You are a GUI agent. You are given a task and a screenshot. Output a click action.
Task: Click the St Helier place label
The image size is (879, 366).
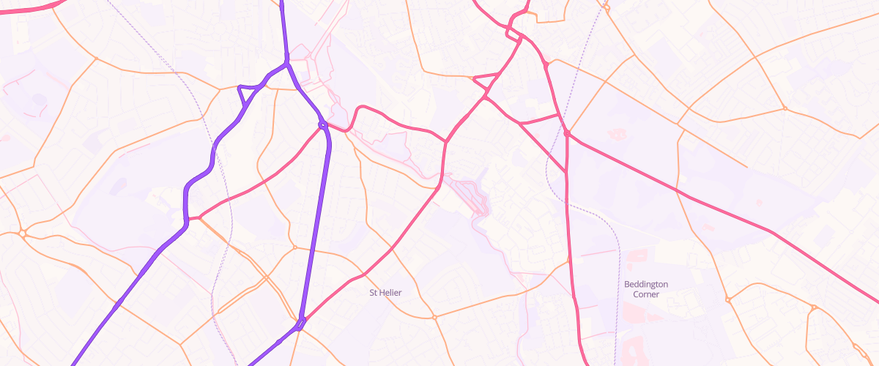[x=385, y=293]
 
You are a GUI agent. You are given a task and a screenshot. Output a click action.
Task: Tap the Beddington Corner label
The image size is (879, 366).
[x=646, y=289]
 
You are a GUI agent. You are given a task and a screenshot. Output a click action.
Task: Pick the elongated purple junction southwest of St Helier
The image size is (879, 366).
[x=300, y=323]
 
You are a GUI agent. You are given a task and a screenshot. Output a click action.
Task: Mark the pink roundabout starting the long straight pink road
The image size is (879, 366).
[x=567, y=133]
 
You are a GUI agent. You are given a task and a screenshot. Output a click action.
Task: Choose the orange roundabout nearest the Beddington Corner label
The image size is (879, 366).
[x=727, y=299]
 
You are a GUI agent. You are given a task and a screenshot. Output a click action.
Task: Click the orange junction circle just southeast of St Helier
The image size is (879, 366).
[x=434, y=318]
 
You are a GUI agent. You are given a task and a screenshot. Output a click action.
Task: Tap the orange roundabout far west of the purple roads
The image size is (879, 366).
[x=23, y=234]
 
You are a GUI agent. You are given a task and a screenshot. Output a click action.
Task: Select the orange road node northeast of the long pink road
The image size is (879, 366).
[x=785, y=109]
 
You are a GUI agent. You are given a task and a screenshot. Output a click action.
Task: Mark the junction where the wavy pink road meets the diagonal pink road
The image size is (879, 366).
[x=445, y=141]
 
